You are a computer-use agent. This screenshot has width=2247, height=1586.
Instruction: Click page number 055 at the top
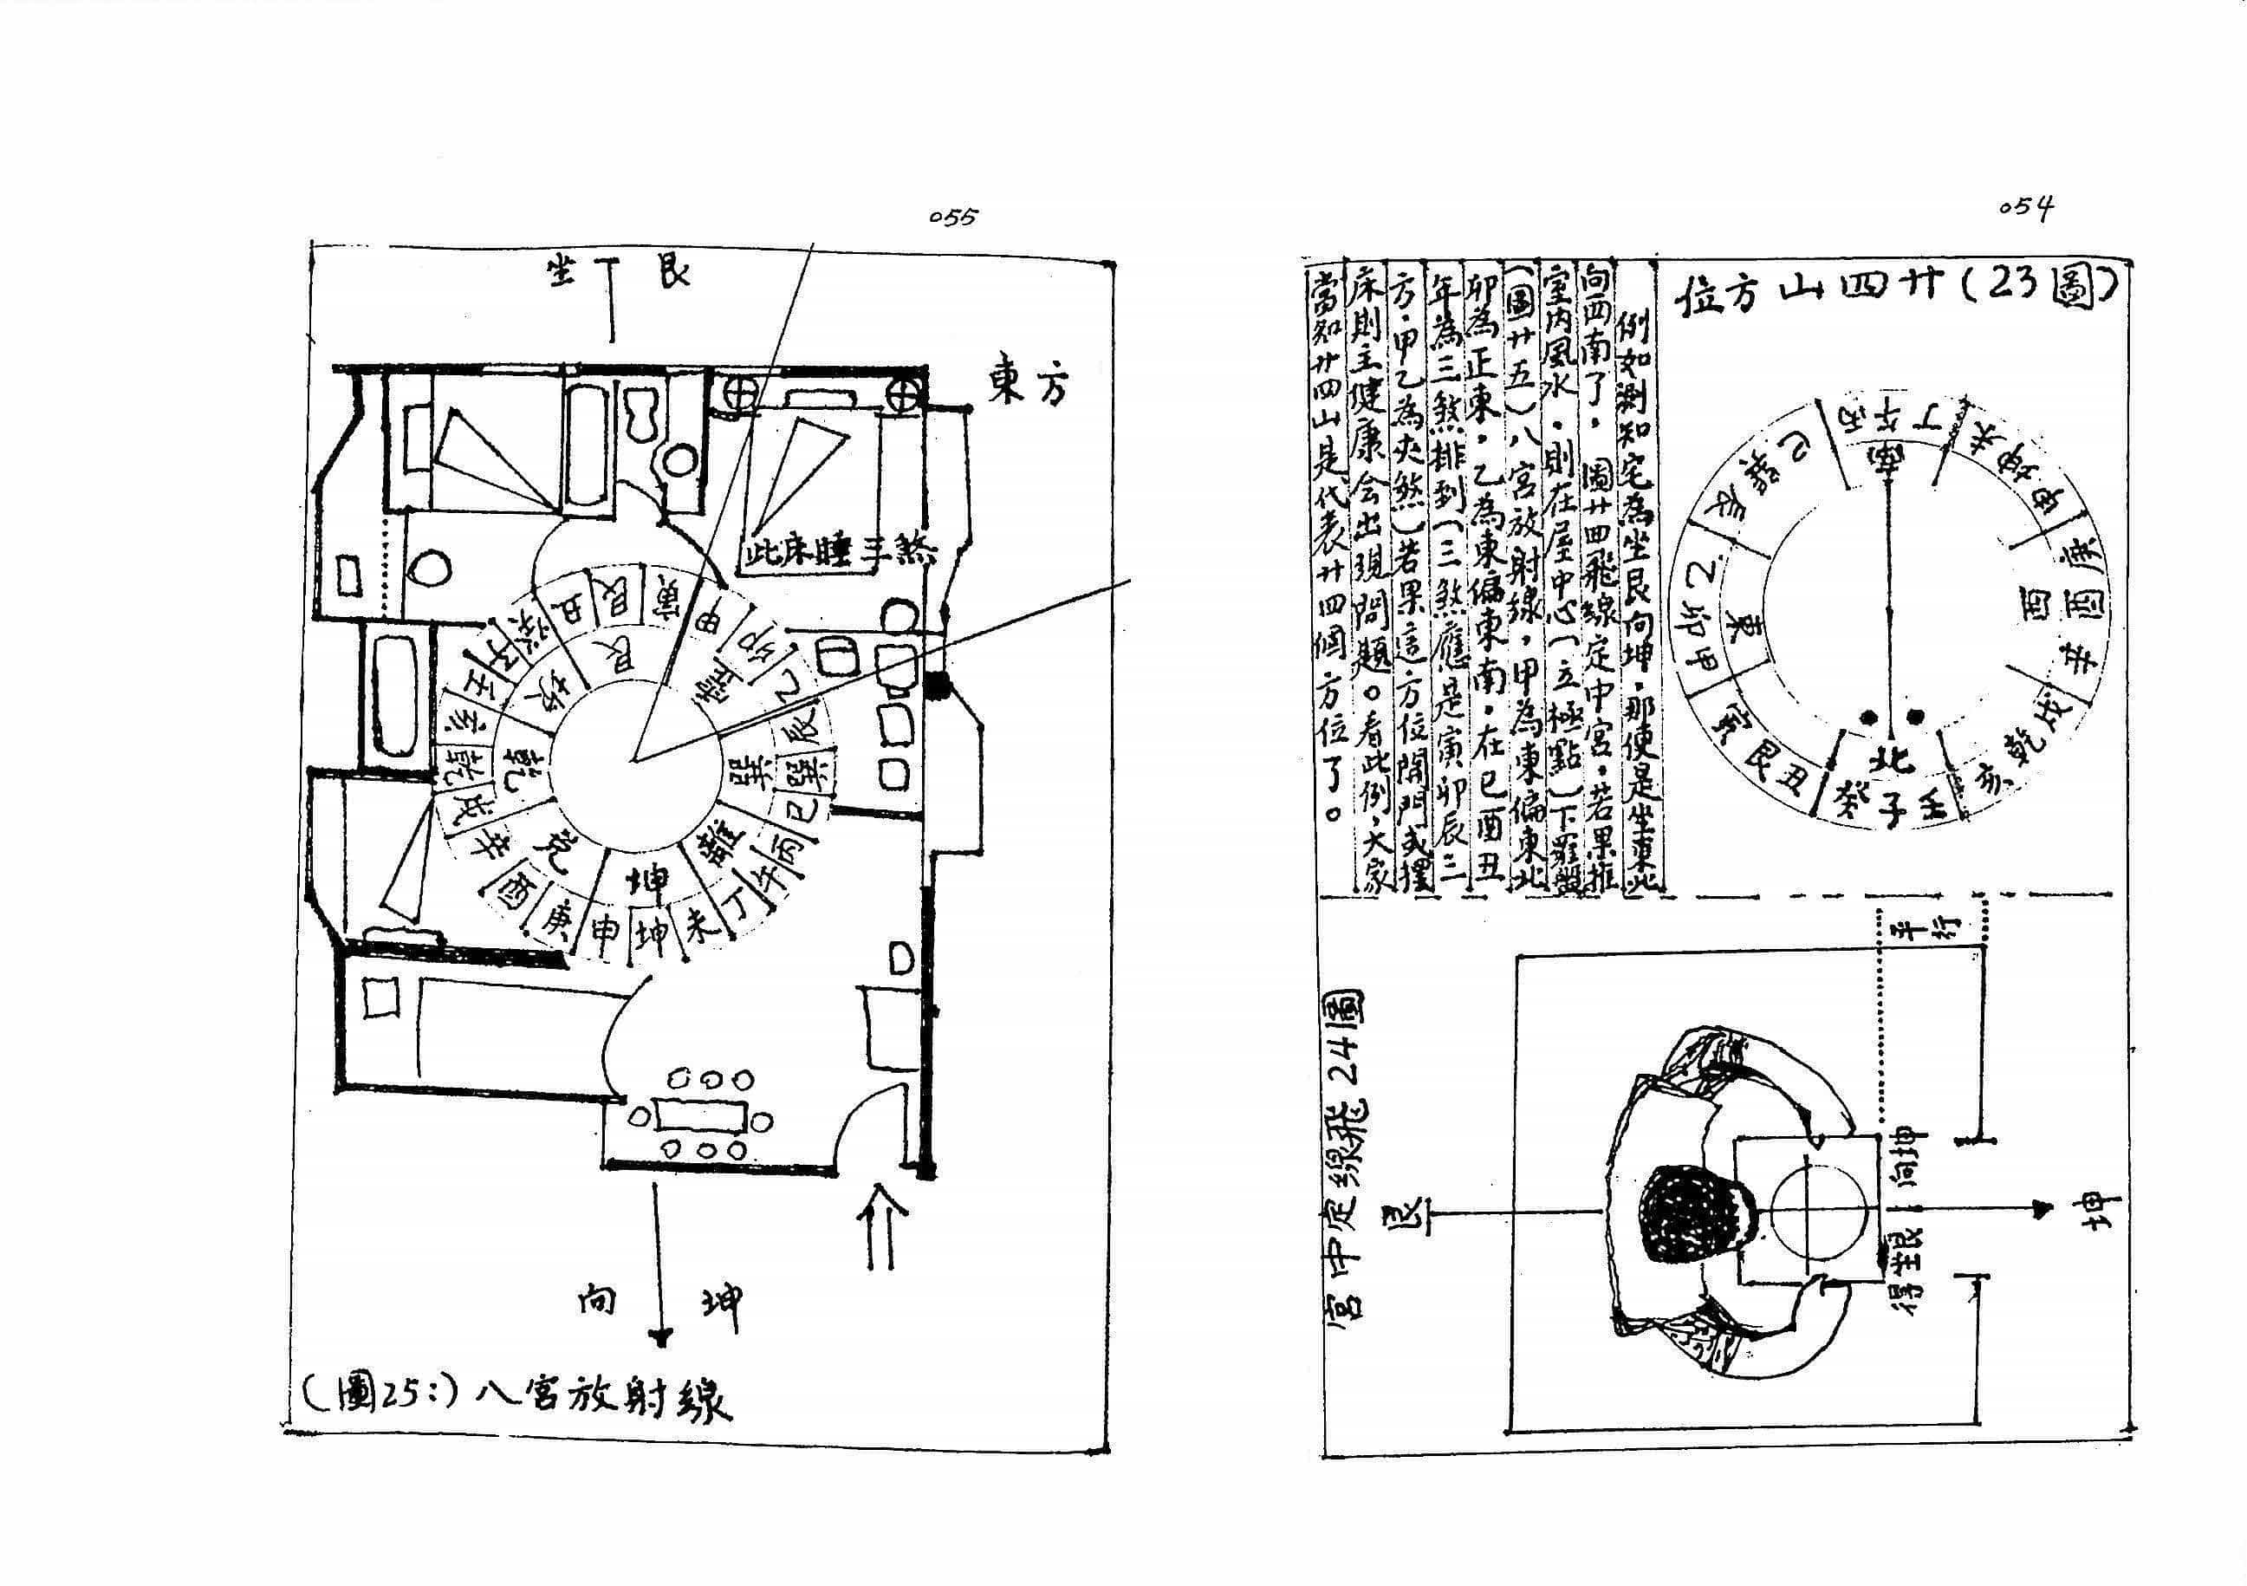(x=952, y=218)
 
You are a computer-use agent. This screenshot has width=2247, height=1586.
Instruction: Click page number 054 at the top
(x=2025, y=209)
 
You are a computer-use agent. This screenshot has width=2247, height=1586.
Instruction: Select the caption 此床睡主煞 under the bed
(x=838, y=554)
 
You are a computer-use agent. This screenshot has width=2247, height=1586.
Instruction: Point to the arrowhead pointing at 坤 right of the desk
(x=2041, y=1210)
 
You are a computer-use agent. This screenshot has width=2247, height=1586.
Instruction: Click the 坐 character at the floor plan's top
(x=565, y=271)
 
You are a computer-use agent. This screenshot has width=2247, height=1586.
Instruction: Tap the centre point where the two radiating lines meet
(x=637, y=757)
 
